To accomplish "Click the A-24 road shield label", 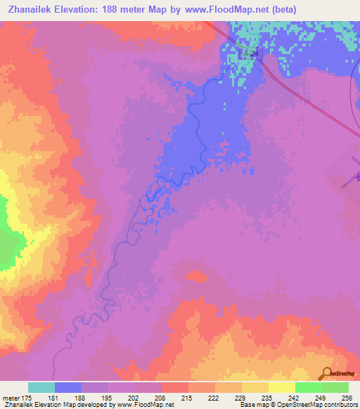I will coord(251,53).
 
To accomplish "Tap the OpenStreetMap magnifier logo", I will coord(328,373).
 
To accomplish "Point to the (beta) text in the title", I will coord(280,9).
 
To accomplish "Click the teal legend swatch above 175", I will coord(41,387).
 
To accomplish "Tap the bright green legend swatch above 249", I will coord(309,387).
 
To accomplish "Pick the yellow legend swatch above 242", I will coord(282,387).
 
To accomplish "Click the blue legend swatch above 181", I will coord(68,387).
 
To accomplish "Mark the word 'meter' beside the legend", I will coord(11,398).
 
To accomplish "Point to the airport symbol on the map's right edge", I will coord(354,177).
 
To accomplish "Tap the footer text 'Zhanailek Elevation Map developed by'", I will coord(53,405).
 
